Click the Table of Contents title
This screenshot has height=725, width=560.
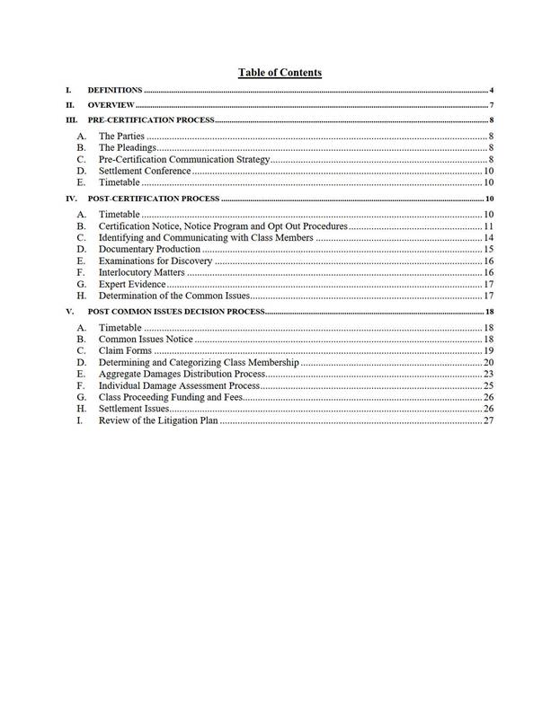coord(280,73)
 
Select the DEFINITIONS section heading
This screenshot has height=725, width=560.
coord(115,91)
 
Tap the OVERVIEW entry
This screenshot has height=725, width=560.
coord(111,105)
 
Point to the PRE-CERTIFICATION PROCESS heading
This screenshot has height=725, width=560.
coord(150,119)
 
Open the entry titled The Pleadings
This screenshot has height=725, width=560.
coord(128,147)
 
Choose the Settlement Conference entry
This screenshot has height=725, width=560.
coord(145,171)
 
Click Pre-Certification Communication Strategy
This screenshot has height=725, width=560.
coord(184,159)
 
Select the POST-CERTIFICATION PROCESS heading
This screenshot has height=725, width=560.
coord(153,198)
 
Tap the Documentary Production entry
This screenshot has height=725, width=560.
coord(149,249)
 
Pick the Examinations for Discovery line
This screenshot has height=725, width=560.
coord(155,261)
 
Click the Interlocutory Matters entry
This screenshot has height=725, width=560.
coord(141,272)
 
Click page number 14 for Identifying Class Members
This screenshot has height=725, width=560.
coord(489,237)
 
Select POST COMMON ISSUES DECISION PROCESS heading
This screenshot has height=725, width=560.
coord(175,311)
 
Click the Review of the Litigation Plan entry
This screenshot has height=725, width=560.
coord(157,420)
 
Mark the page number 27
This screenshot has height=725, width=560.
coord(489,420)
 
